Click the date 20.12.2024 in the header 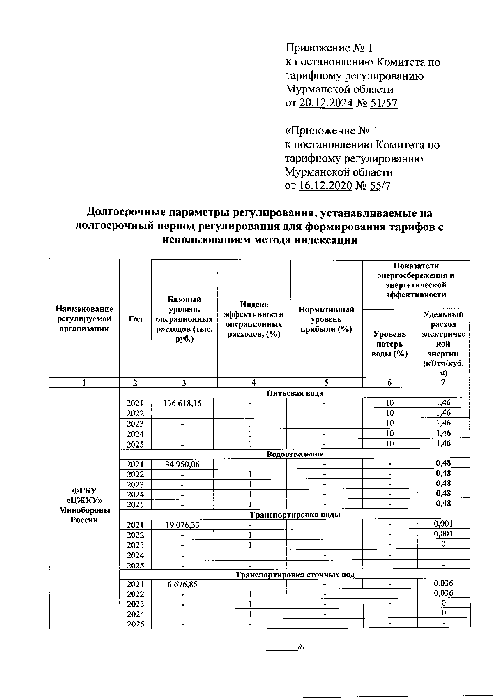click(326, 103)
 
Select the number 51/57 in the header click(384, 103)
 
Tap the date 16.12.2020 click(325, 186)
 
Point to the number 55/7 click(380, 186)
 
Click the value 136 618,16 click(182, 403)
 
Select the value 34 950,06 click(182, 464)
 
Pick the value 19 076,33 click(182, 525)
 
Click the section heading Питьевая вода click(295, 393)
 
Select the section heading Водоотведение click(295, 454)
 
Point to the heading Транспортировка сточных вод click(295, 574)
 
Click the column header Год click(135, 319)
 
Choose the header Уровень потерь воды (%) click(389, 344)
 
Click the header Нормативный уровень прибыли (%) click(326, 319)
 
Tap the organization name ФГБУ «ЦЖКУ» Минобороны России click(84, 505)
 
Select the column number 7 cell click(443, 382)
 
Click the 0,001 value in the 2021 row click(443, 524)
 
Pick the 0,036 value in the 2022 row click(443, 593)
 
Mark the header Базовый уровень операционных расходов click(184, 319)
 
